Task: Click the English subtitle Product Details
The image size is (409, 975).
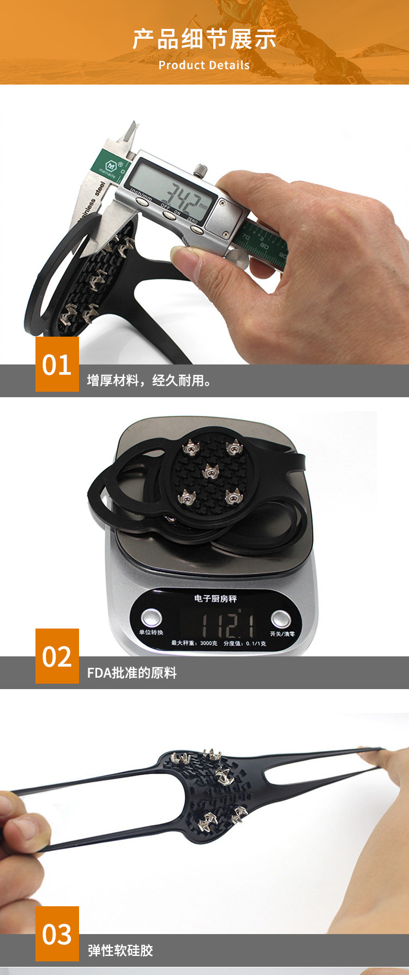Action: pos(204,65)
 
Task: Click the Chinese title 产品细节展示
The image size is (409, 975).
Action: pos(204,39)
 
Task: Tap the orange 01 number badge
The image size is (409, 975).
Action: pos(57,364)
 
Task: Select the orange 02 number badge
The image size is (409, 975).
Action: pos(57,656)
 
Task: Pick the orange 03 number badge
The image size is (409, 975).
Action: pos(57,934)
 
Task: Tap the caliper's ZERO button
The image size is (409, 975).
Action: pos(197,230)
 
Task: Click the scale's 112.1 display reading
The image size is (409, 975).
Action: pos(228,625)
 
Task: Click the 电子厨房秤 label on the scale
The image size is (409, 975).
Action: pos(215,599)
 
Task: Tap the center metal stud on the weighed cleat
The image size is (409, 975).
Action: pos(210,471)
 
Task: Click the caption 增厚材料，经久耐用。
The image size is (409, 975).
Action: pos(148,380)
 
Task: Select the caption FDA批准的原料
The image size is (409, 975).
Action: pos(132,673)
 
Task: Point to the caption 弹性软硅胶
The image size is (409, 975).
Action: pos(121,950)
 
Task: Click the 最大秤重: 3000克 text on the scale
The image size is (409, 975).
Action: pos(194,643)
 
